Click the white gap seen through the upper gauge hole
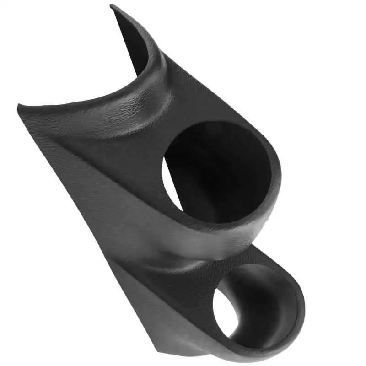pos(170,185)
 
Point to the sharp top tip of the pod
pos(112,6)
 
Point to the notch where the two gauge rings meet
pos(256,247)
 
